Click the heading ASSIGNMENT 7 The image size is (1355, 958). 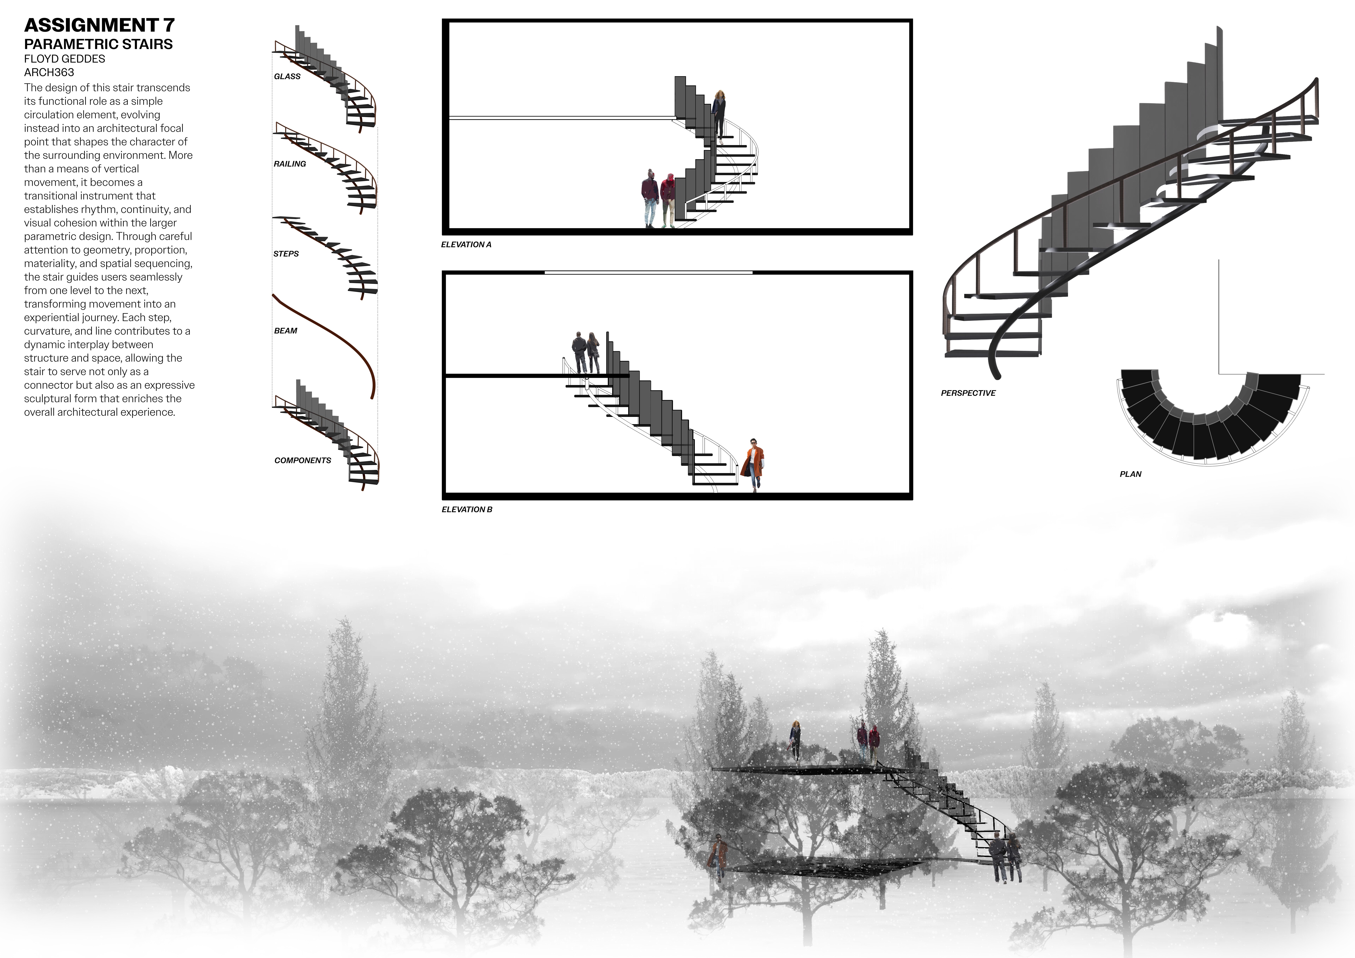(x=99, y=25)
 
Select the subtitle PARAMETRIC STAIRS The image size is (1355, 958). (x=98, y=44)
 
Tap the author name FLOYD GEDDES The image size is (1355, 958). (x=65, y=59)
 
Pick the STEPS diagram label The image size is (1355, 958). (x=286, y=254)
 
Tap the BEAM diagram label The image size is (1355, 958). (x=286, y=331)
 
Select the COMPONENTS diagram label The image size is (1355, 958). (x=303, y=460)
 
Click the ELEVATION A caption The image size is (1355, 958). (x=466, y=244)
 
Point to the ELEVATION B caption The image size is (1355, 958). (x=467, y=509)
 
